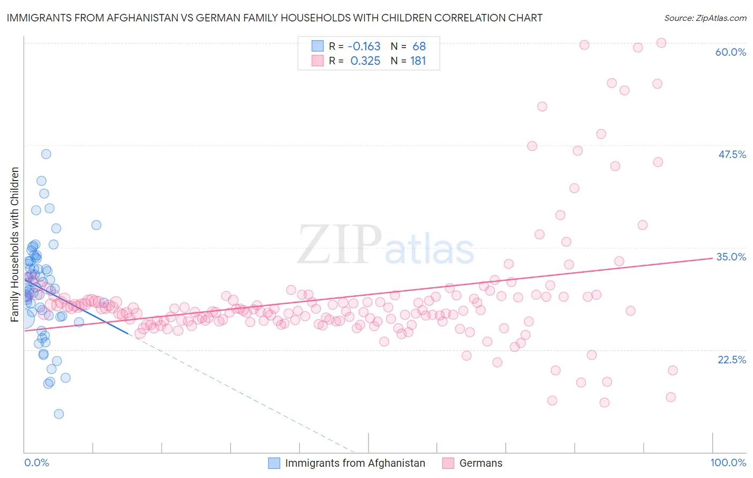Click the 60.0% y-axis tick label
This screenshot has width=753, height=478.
click(731, 52)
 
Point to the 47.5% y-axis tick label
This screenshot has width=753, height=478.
click(732, 154)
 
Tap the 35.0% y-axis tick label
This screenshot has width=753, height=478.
click(731, 257)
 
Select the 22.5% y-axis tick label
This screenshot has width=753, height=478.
click(732, 360)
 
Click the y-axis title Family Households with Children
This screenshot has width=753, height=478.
click(14, 244)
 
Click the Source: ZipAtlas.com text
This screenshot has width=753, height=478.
click(705, 18)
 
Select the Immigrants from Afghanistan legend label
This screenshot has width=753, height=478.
click(355, 463)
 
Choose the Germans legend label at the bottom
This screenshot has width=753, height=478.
click(481, 463)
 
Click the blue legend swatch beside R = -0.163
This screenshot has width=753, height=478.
click(318, 46)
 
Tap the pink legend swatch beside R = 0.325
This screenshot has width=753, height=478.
click(318, 61)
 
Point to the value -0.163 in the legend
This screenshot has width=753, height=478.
click(364, 46)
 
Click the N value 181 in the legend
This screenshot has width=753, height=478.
click(418, 61)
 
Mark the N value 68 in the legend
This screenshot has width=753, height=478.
click(419, 46)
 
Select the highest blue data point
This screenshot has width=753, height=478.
click(46, 154)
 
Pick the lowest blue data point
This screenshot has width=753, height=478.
click(59, 414)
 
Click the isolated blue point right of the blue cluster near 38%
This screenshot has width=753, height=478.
click(96, 225)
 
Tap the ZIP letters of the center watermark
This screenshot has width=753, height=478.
click(340, 245)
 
